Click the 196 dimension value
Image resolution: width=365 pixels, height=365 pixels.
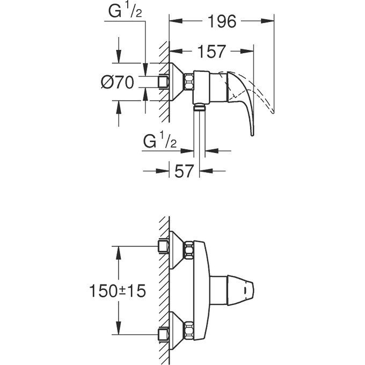[222, 21]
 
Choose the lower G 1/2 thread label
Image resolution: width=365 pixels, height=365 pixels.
[160, 142]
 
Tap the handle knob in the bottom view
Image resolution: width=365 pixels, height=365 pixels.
[244, 290]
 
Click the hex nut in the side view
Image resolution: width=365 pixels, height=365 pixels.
[188, 82]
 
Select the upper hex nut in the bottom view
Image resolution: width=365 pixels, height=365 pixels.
[188, 250]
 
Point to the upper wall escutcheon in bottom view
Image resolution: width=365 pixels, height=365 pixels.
[177, 250]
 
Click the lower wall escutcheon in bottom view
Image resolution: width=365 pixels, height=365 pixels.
[177, 328]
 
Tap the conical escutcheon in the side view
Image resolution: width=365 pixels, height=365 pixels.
[177, 82]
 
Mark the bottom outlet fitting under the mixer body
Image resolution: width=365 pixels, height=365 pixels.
[200, 107]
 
